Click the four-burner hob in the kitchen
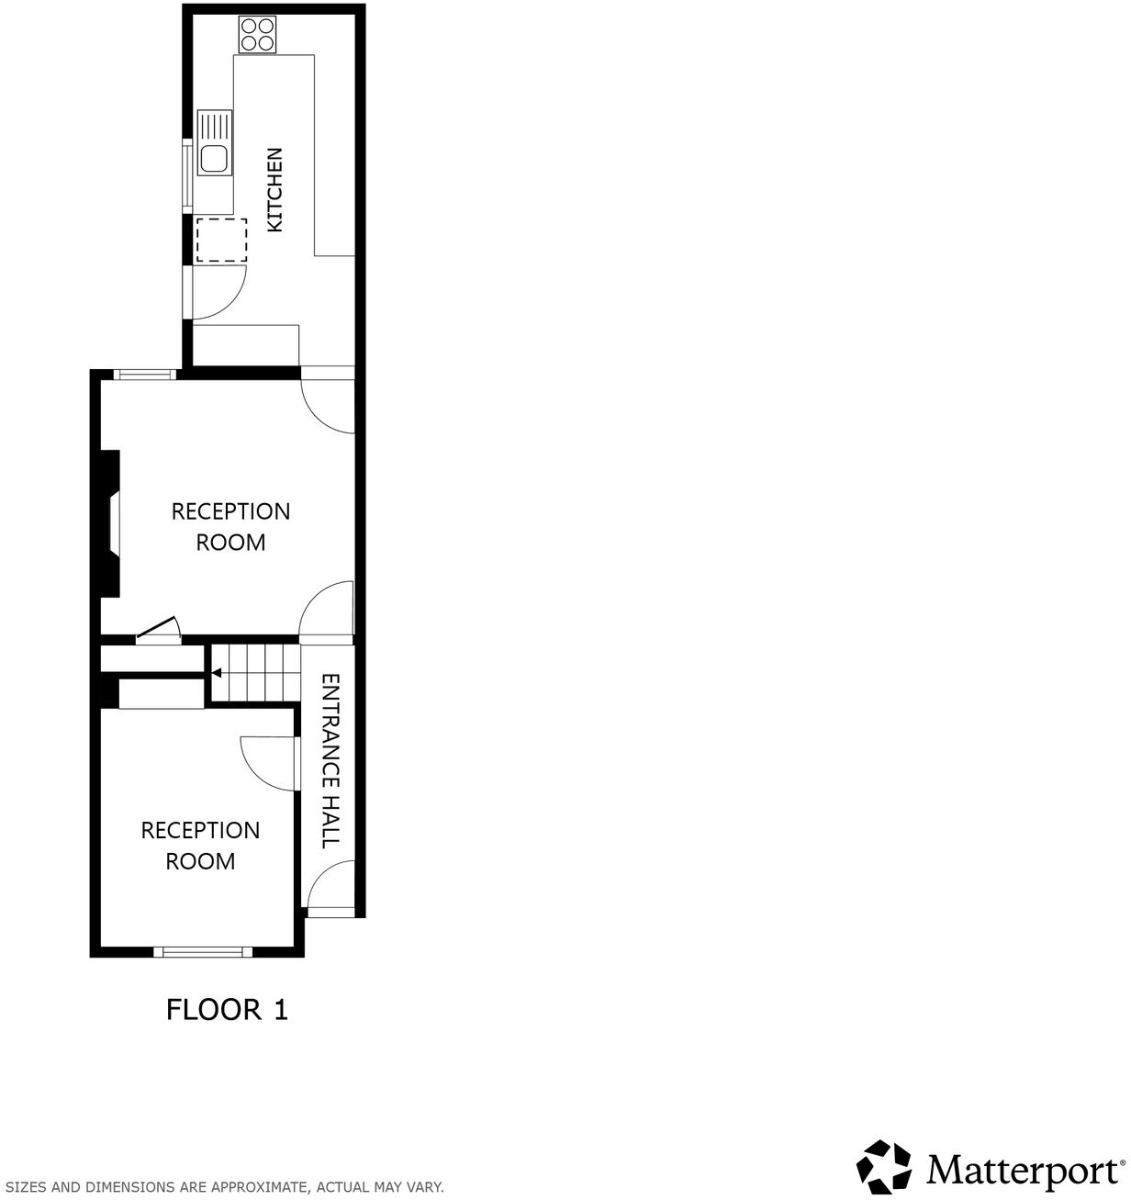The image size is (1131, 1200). pos(257,34)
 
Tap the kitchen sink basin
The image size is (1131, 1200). pos(214,159)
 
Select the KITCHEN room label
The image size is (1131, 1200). pos(274,190)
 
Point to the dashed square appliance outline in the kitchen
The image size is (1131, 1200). pos(221,241)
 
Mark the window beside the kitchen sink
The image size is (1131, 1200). pos(187,174)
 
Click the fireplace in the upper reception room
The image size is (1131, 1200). pos(111,523)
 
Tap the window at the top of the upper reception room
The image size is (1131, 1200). pos(145,374)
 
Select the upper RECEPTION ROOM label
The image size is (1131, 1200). pos(230,526)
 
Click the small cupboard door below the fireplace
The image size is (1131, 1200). pos(158,631)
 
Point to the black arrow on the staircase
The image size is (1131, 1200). pos(217,673)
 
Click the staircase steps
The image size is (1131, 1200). pos(257,673)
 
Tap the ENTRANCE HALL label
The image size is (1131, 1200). pos(330,761)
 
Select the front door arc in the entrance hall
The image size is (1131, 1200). pos(330,886)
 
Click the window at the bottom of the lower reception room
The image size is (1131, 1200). pos(202,951)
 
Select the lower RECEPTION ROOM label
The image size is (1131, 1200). pos(200,846)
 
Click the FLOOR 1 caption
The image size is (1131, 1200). pos(227,1010)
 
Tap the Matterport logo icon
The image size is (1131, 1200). pos(884,1167)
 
